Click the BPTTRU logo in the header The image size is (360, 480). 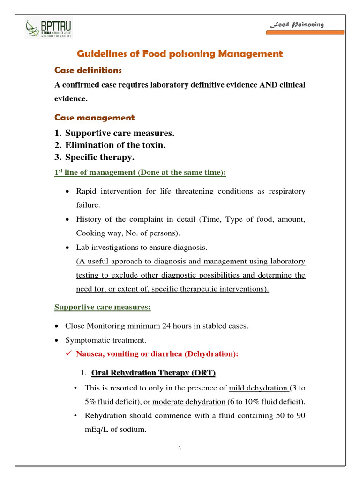49,29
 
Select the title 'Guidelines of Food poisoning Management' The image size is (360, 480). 180,54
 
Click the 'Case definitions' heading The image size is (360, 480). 88,70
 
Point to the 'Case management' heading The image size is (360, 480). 94,118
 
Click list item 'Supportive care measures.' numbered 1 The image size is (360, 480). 120,133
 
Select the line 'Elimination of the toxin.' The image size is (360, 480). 115,145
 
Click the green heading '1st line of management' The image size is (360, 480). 140,172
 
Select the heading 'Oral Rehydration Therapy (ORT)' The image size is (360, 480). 153,373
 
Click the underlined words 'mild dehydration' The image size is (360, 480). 258,388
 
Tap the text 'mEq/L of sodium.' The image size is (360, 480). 115,429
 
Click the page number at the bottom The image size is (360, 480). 180,449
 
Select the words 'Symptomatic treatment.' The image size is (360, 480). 106,340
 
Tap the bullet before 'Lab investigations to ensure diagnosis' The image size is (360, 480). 67,247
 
